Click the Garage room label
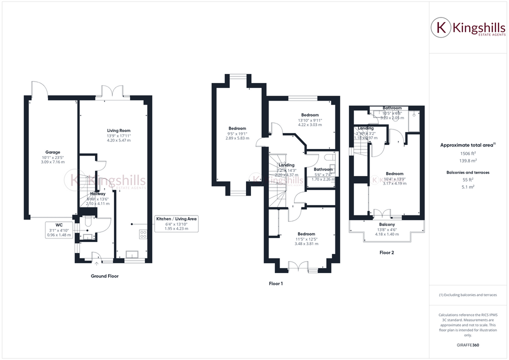point(53,152)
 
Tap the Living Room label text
point(118,130)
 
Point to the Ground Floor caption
point(104,276)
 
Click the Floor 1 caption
point(276,283)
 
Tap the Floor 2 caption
point(386,253)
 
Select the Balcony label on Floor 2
point(387,225)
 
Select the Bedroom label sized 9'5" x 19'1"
point(237,128)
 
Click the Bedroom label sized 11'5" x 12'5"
point(306,234)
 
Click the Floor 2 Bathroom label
point(392,108)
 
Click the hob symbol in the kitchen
point(143,232)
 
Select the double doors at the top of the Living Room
point(112,92)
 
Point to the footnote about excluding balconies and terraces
point(467,295)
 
